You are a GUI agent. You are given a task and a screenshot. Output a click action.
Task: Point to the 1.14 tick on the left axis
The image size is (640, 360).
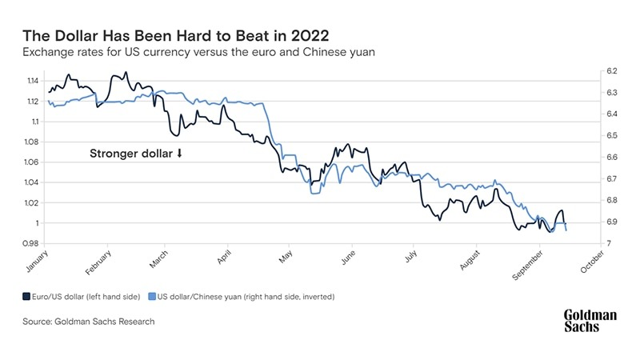tap(32, 82)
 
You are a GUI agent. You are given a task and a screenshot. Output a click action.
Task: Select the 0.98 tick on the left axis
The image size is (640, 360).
tap(32, 243)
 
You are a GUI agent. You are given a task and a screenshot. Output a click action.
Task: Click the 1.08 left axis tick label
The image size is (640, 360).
tap(32, 142)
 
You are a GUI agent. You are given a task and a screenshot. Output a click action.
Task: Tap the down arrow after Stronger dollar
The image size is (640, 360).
tap(179, 154)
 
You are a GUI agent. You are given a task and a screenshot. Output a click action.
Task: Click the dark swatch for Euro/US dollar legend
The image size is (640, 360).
tap(26, 296)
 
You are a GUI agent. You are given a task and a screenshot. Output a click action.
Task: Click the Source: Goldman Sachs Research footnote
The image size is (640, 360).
tap(88, 322)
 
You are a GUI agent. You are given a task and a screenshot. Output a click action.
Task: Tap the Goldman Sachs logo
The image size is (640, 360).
tap(590, 321)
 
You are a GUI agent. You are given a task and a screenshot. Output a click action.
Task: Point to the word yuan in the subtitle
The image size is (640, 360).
tap(360, 53)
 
